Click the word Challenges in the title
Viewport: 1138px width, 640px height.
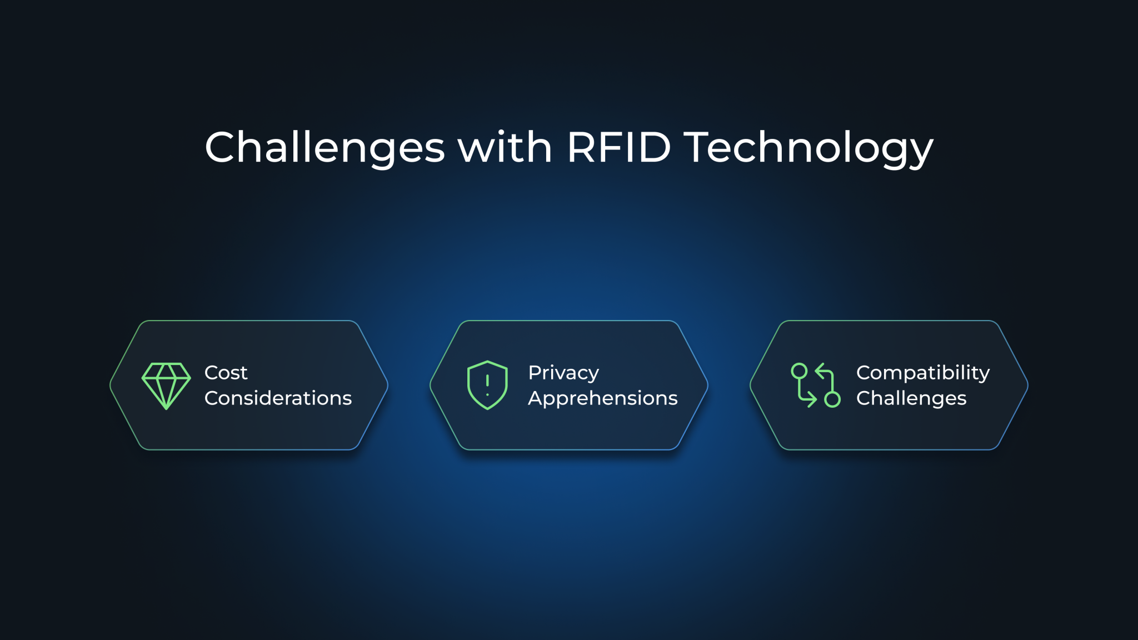click(325, 148)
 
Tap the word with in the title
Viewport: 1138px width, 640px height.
click(505, 148)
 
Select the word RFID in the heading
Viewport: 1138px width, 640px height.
click(618, 148)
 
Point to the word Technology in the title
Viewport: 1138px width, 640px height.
click(808, 148)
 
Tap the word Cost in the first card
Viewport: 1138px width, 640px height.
click(226, 373)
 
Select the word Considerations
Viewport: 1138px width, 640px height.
click(278, 398)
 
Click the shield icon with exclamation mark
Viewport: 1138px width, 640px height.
click(487, 385)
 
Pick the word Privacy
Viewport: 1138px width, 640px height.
click(563, 373)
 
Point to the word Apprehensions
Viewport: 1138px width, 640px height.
click(602, 398)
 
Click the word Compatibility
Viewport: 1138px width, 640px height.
click(922, 373)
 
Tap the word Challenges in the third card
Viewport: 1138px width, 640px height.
click(911, 398)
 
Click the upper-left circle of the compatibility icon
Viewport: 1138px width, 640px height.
click(799, 371)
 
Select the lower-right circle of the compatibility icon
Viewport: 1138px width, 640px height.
click(832, 399)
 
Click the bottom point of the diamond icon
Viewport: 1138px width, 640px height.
click(166, 408)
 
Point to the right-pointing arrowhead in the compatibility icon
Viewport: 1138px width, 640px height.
click(813, 399)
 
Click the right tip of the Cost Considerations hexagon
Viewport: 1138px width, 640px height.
click(387, 385)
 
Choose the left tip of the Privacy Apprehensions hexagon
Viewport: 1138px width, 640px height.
click(431, 385)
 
